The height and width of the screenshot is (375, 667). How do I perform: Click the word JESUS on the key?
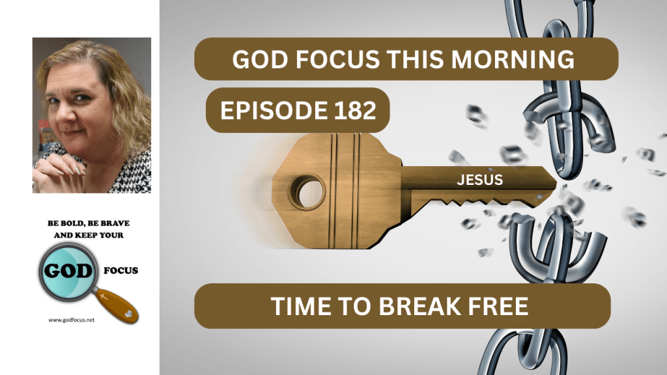[x=480, y=180]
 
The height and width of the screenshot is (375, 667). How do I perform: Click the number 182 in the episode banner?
[x=355, y=110]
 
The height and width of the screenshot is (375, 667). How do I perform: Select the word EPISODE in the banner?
[x=274, y=110]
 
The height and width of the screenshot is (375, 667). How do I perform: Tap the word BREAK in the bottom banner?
[x=419, y=306]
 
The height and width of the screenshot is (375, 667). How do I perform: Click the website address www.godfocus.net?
[x=72, y=320]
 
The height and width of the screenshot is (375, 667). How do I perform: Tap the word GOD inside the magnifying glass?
[x=68, y=271]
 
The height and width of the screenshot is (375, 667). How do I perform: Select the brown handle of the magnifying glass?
[x=116, y=305]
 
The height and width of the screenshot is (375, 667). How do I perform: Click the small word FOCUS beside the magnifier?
[x=121, y=270]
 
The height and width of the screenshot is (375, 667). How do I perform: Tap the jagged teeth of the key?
[x=481, y=202]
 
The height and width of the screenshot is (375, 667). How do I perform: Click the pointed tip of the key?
[x=556, y=183]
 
